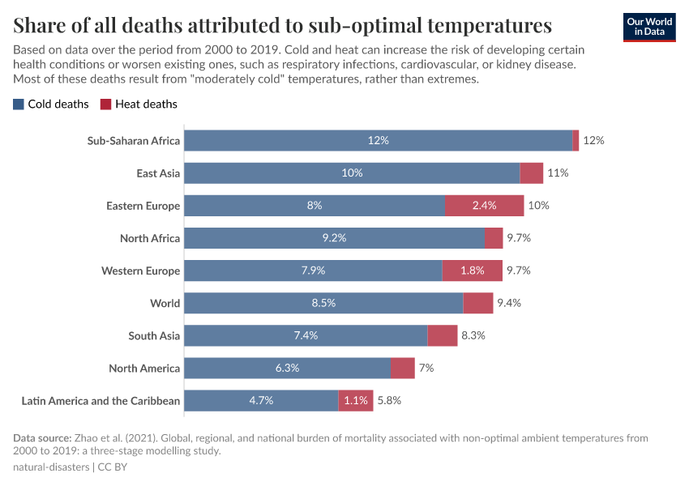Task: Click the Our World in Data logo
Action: (648, 27)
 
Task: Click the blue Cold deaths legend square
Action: (19, 104)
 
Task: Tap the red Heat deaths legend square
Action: (105, 104)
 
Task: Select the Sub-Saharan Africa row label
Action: (134, 141)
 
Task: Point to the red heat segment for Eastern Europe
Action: (484, 206)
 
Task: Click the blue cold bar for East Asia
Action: (352, 173)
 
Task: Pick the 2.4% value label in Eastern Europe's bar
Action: (484, 206)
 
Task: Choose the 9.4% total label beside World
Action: (508, 303)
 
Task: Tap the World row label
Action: (165, 303)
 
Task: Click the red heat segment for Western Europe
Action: (472, 271)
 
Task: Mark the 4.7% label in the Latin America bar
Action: (261, 400)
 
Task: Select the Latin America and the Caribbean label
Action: (101, 400)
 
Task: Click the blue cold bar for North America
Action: (287, 368)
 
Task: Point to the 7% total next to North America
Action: (426, 368)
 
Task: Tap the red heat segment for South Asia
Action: (442, 335)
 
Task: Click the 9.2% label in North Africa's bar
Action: (334, 238)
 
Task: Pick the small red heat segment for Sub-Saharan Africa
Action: (576, 141)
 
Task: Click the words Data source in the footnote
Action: (42, 438)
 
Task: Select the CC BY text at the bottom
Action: (113, 467)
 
